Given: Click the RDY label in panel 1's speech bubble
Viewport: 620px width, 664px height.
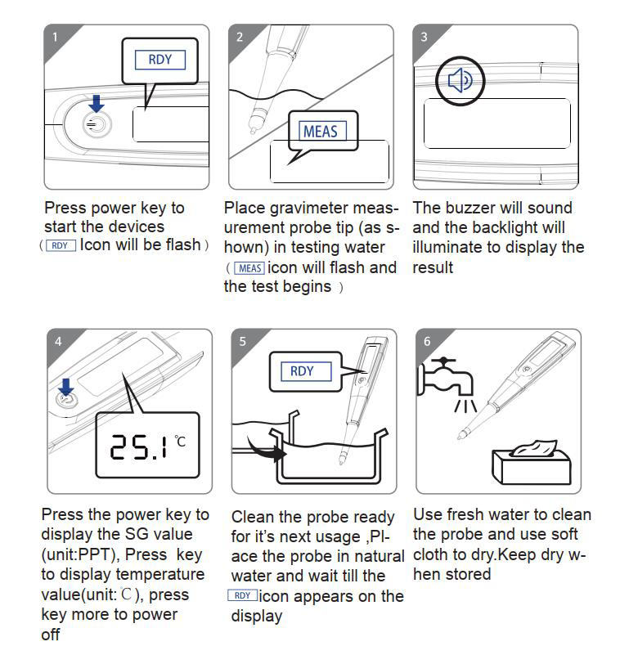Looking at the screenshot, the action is [x=160, y=60].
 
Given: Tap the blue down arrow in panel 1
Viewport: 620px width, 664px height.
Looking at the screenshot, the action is [x=97, y=103].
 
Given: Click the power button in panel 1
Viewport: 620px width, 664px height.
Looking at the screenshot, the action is [x=97, y=124].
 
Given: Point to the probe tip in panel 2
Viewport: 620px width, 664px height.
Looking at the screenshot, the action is [x=254, y=129].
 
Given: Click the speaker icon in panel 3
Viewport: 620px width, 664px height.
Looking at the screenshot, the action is [x=460, y=80].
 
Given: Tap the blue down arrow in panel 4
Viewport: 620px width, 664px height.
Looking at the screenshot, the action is [x=65, y=387].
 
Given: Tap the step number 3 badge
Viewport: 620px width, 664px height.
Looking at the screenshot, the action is [x=424, y=38].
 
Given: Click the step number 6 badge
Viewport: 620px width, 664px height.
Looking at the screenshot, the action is [x=427, y=341].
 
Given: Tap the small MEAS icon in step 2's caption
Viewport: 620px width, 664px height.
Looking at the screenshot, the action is [x=249, y=268].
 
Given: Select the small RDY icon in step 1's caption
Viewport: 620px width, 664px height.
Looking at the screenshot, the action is [x=61, y=245].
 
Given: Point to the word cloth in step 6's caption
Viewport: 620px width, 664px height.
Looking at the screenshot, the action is [x=432, y=554].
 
